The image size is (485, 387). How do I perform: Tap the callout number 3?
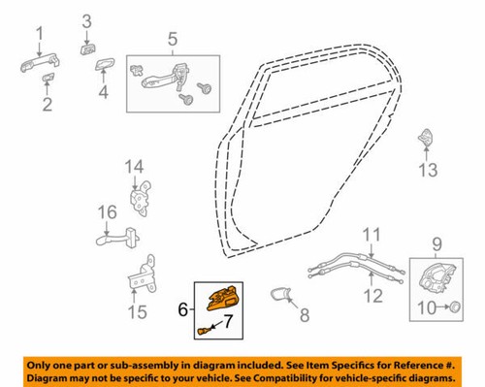[86, 20]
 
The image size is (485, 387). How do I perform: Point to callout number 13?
[427, 172]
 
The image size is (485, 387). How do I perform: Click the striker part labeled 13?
[427, 140]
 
